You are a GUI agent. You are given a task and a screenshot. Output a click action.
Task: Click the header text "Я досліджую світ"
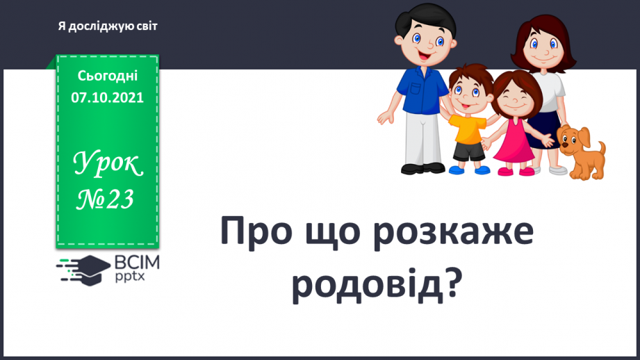[108, 26]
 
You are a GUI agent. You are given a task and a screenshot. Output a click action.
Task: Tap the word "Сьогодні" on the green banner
[107, 76]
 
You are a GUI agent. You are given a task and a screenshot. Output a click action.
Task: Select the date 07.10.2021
[107, 97]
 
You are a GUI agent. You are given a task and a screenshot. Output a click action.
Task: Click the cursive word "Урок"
[108, 163]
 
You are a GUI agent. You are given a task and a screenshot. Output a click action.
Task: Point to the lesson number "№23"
[105, 199]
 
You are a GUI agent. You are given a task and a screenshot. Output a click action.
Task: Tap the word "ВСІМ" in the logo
[137, 263]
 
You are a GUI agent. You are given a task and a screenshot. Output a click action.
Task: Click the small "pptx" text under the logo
[130, 277]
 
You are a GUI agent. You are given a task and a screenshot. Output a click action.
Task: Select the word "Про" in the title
[256, 231]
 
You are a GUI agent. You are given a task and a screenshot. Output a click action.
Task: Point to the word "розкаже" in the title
[453, 234]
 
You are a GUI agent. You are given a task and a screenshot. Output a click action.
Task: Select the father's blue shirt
[422, 90]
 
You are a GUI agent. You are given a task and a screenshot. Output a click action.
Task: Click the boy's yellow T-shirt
[469, 129]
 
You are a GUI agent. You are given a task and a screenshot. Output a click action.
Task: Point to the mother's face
[544, 48]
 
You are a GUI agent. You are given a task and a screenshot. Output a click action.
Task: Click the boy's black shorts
[468, 151]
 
